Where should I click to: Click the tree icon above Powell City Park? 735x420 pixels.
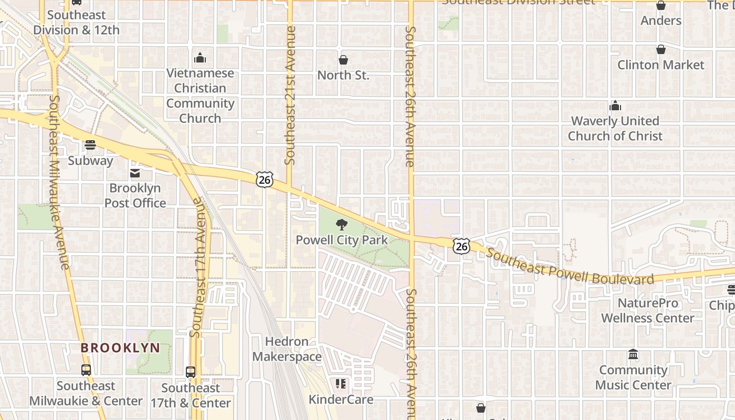pyautogui.click(x=342, y=225)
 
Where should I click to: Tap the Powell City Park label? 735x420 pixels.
pyautogui.click(x=342, y=240)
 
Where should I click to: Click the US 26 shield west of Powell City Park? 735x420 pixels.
pyautogui.click(x=265, y=180)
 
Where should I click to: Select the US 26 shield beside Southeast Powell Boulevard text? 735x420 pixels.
pyautogui.click(x=461, y=246)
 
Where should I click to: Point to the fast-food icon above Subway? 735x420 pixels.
pyautogui.click(x=90, y=145)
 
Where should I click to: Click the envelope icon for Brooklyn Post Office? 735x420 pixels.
pyautogui.click(x=135, y=173)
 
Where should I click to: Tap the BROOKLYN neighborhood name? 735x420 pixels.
pyautogui.click(x=120, y=348)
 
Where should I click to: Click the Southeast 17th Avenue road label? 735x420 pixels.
pyautogui.click(x=196, y=268)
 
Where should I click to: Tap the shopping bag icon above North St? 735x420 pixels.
pyautogui.click(x=343, y=60)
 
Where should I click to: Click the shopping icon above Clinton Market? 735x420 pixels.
pyautogui.click(x=660, y=49)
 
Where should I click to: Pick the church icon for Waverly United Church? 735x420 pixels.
pyautogui.click(x=615, y=106)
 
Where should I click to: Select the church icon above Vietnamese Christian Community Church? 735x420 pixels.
pyautogui.click(x=200, y=57)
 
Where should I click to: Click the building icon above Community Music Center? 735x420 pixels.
pyautogui.click(x=633, y=355)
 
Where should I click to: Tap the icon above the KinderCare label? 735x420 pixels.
pyautogui.click(x=341, y=384)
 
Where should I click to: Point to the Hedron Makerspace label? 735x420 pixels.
pyautogui.click(x=287, y=349)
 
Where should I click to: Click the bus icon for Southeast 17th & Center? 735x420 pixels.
pyautogui.click(x=191, y=372)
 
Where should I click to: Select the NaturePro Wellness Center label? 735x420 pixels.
pyautogui.click(x=647, y=311)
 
